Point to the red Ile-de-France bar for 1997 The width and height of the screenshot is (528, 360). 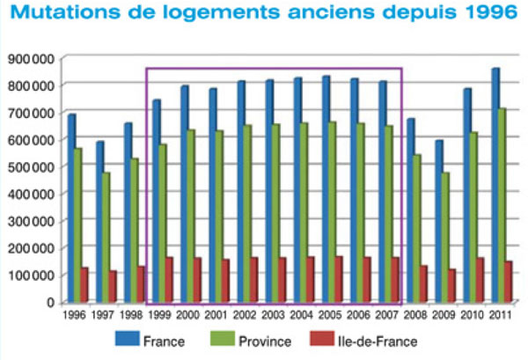[x=113, y=286]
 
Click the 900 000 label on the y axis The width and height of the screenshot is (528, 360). [x=31, y=58]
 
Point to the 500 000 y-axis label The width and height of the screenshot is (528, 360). [x=31, y=166]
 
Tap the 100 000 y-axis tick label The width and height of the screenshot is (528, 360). [x=31, y=276]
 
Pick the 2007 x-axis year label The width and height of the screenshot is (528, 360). [x=385, y=312]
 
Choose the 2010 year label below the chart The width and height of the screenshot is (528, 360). [x=470, y=312]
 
